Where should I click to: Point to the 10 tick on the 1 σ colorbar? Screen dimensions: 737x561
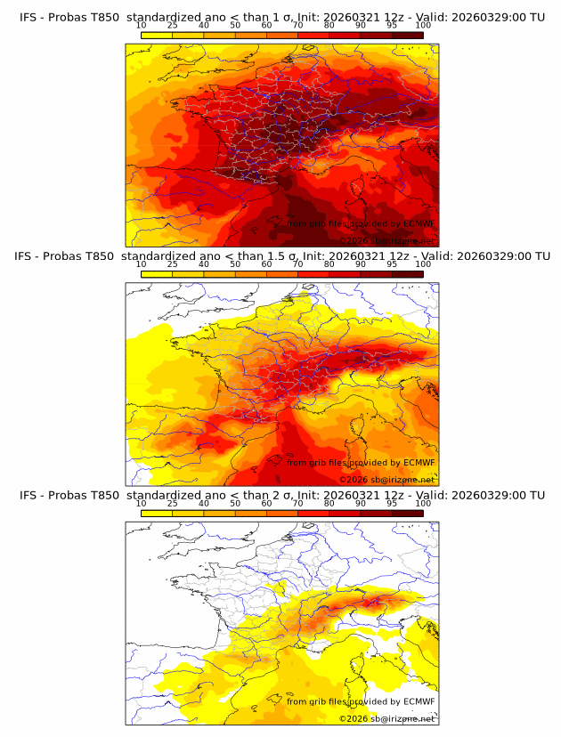point(142,25)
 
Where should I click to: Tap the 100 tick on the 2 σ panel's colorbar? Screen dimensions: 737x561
point(423,503)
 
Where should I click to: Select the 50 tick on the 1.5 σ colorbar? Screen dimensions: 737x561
point(235,264)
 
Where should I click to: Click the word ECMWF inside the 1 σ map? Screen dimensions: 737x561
point(419,224)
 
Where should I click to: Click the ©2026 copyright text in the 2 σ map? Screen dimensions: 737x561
point(354,718)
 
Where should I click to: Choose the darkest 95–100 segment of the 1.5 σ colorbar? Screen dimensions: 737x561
point(407,273)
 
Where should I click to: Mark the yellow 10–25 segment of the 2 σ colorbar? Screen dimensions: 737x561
point(157,512)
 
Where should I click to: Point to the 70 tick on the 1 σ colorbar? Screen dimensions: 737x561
point(297,25)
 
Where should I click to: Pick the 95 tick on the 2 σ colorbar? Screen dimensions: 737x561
point(392,503)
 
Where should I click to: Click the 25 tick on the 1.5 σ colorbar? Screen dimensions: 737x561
point(173,264)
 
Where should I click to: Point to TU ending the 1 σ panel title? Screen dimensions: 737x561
point(537,17)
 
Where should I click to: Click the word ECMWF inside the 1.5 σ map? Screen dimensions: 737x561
point(419,463)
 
